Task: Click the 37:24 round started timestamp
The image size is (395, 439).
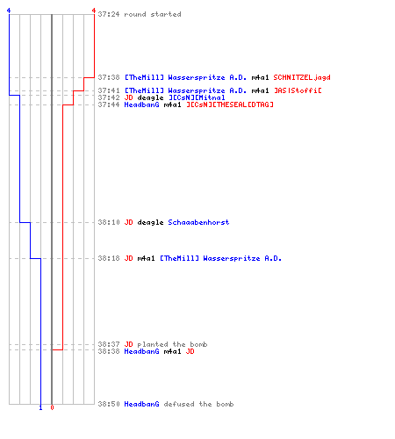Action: tap(109, 14)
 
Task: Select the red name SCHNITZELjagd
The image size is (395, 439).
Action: tap(302, 77)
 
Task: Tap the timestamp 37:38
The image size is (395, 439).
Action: tap(109, 77)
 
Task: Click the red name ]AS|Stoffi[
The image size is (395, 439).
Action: tap(298, 90)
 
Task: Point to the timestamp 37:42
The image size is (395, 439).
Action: tap(109, 97)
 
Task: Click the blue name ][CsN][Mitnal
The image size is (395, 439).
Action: tap(197, 97)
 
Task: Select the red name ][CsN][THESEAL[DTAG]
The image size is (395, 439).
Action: tap(230, 104)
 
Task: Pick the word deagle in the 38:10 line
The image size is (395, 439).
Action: tap(150, 222)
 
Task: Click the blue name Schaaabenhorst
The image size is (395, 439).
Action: tap(198, 222)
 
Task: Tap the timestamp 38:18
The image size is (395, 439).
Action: tap(109, 258)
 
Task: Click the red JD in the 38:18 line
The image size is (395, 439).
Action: tap(128, 258)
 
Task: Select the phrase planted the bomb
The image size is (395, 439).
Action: tap(172, 344)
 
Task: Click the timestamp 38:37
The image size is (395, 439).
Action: tap(109, 344)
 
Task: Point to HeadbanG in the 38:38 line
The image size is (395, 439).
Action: tap(141, 351)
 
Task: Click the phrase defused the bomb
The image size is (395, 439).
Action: tap(198, 404)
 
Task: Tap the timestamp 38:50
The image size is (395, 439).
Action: tap(109, 404)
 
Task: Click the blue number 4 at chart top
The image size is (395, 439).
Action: tap(9, 11)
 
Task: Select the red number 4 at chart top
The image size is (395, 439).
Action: tap(94, 11)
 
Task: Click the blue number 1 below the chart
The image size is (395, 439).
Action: tap(40, 407)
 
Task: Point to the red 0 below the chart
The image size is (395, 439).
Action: tap(52, 407)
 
